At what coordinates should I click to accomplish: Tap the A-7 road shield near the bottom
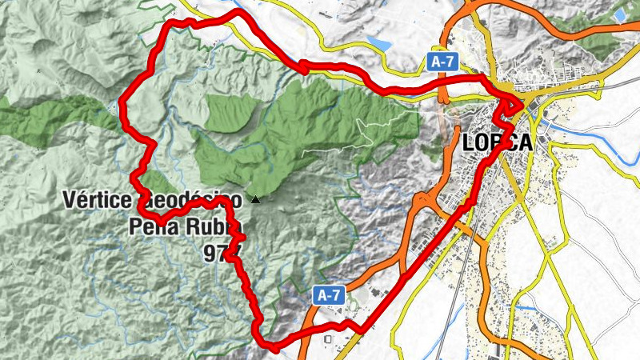coord(329,295)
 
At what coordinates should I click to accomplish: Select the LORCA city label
coord(497,142)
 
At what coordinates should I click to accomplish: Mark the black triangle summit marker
coord(255,199)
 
